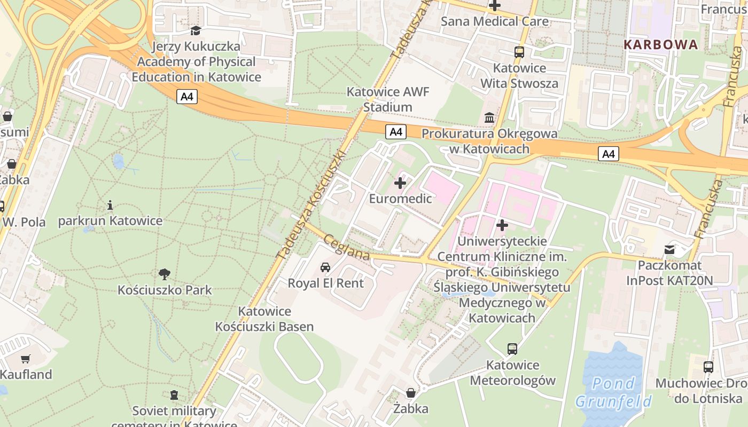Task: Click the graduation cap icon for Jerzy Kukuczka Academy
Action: tap(196, 30)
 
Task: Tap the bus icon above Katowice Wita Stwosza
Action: tap(519, 52)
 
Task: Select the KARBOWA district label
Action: tap(661, 44)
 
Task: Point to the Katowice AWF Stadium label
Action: tap(388, 99)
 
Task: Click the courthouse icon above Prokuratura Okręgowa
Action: tap(489, 117)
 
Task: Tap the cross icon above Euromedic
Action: tap(400, 183)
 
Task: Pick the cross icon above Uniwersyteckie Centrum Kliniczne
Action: tap(502, 225)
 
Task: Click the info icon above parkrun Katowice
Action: tap(110, 205)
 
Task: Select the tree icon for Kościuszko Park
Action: tap(165, 274)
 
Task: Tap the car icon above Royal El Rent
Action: tap(325, 267)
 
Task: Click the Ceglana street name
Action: tap(347, 248)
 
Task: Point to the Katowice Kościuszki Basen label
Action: tap(264, 319)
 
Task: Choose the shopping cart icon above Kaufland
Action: tap(25, 359)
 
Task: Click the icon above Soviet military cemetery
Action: tap(174, 395)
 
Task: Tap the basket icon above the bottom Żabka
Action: tap(410, 393)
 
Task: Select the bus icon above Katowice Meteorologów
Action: tap(512, 349)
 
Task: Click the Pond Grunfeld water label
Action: tap(613, 392)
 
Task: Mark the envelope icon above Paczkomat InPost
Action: tap(669, 249)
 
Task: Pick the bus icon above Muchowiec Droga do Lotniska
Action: tap(708, 367)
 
